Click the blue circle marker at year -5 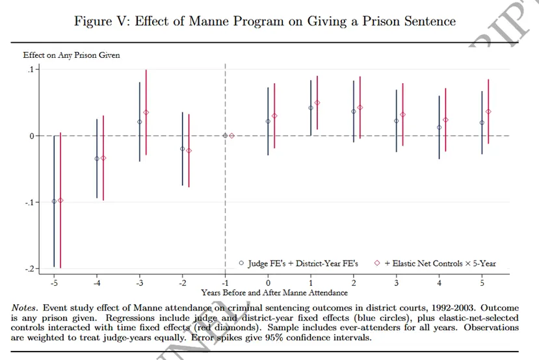[54, 201]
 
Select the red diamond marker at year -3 [146, 112]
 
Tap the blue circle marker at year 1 [311, 108]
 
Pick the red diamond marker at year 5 [488, 112]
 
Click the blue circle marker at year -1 [225, 135]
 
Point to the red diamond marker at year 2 [360, 107]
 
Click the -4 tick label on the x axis [97, 284]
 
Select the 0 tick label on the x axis [268, 284]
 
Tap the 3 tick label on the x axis [396, 284]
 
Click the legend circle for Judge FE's [241, 263]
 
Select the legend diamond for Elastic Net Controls [377, 263]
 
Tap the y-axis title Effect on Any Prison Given [72, 55]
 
